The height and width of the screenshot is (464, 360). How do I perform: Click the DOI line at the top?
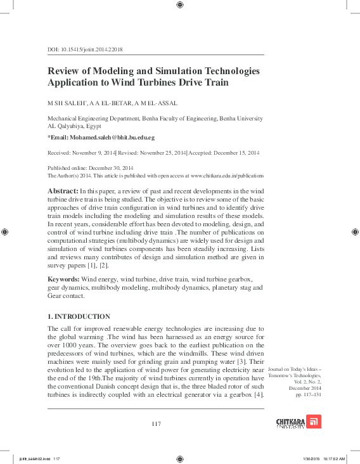(x=85, y=49)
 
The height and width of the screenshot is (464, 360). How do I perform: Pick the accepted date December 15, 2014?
(x=233, y=153)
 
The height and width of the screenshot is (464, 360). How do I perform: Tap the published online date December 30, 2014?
(x=117, y=168)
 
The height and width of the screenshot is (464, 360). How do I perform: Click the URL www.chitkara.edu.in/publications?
(x=226, y=175)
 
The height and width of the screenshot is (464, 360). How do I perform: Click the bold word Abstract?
(x=63, y=191)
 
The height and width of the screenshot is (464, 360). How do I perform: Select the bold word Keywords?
(x=63, y=280)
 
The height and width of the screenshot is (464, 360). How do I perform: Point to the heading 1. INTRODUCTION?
(x=79, y=316)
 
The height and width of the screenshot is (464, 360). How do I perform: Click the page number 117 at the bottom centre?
(x=156, y=423)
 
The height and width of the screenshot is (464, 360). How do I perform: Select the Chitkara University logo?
(x=299, y=421)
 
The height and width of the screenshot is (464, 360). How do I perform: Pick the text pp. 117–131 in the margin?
(x=308, y=395)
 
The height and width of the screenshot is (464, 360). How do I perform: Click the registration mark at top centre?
(x=180, y=5)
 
